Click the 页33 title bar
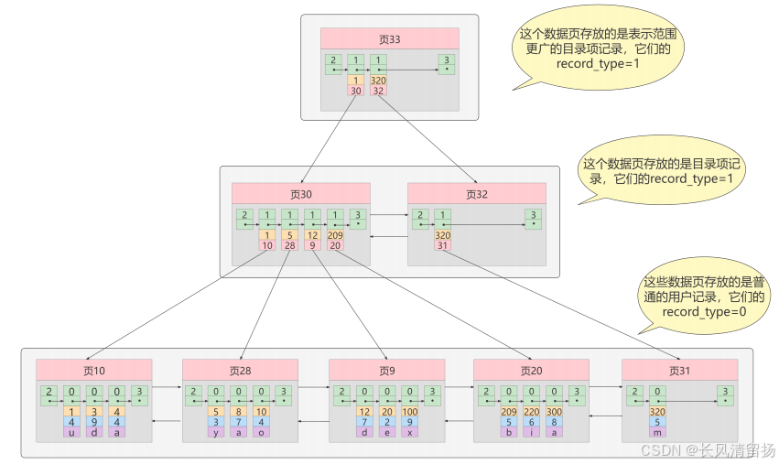389,39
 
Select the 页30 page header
301,194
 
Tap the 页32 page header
477,194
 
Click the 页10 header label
94,371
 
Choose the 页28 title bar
240,371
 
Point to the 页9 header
386,371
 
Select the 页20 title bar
532,371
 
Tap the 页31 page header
679,371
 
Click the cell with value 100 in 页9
410,412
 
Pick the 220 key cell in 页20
532,412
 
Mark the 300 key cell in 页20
555,412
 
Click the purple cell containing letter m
657,432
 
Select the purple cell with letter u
71,432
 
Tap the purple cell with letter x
410,432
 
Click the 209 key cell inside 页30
335,235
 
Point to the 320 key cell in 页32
443,235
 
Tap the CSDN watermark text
706,450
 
